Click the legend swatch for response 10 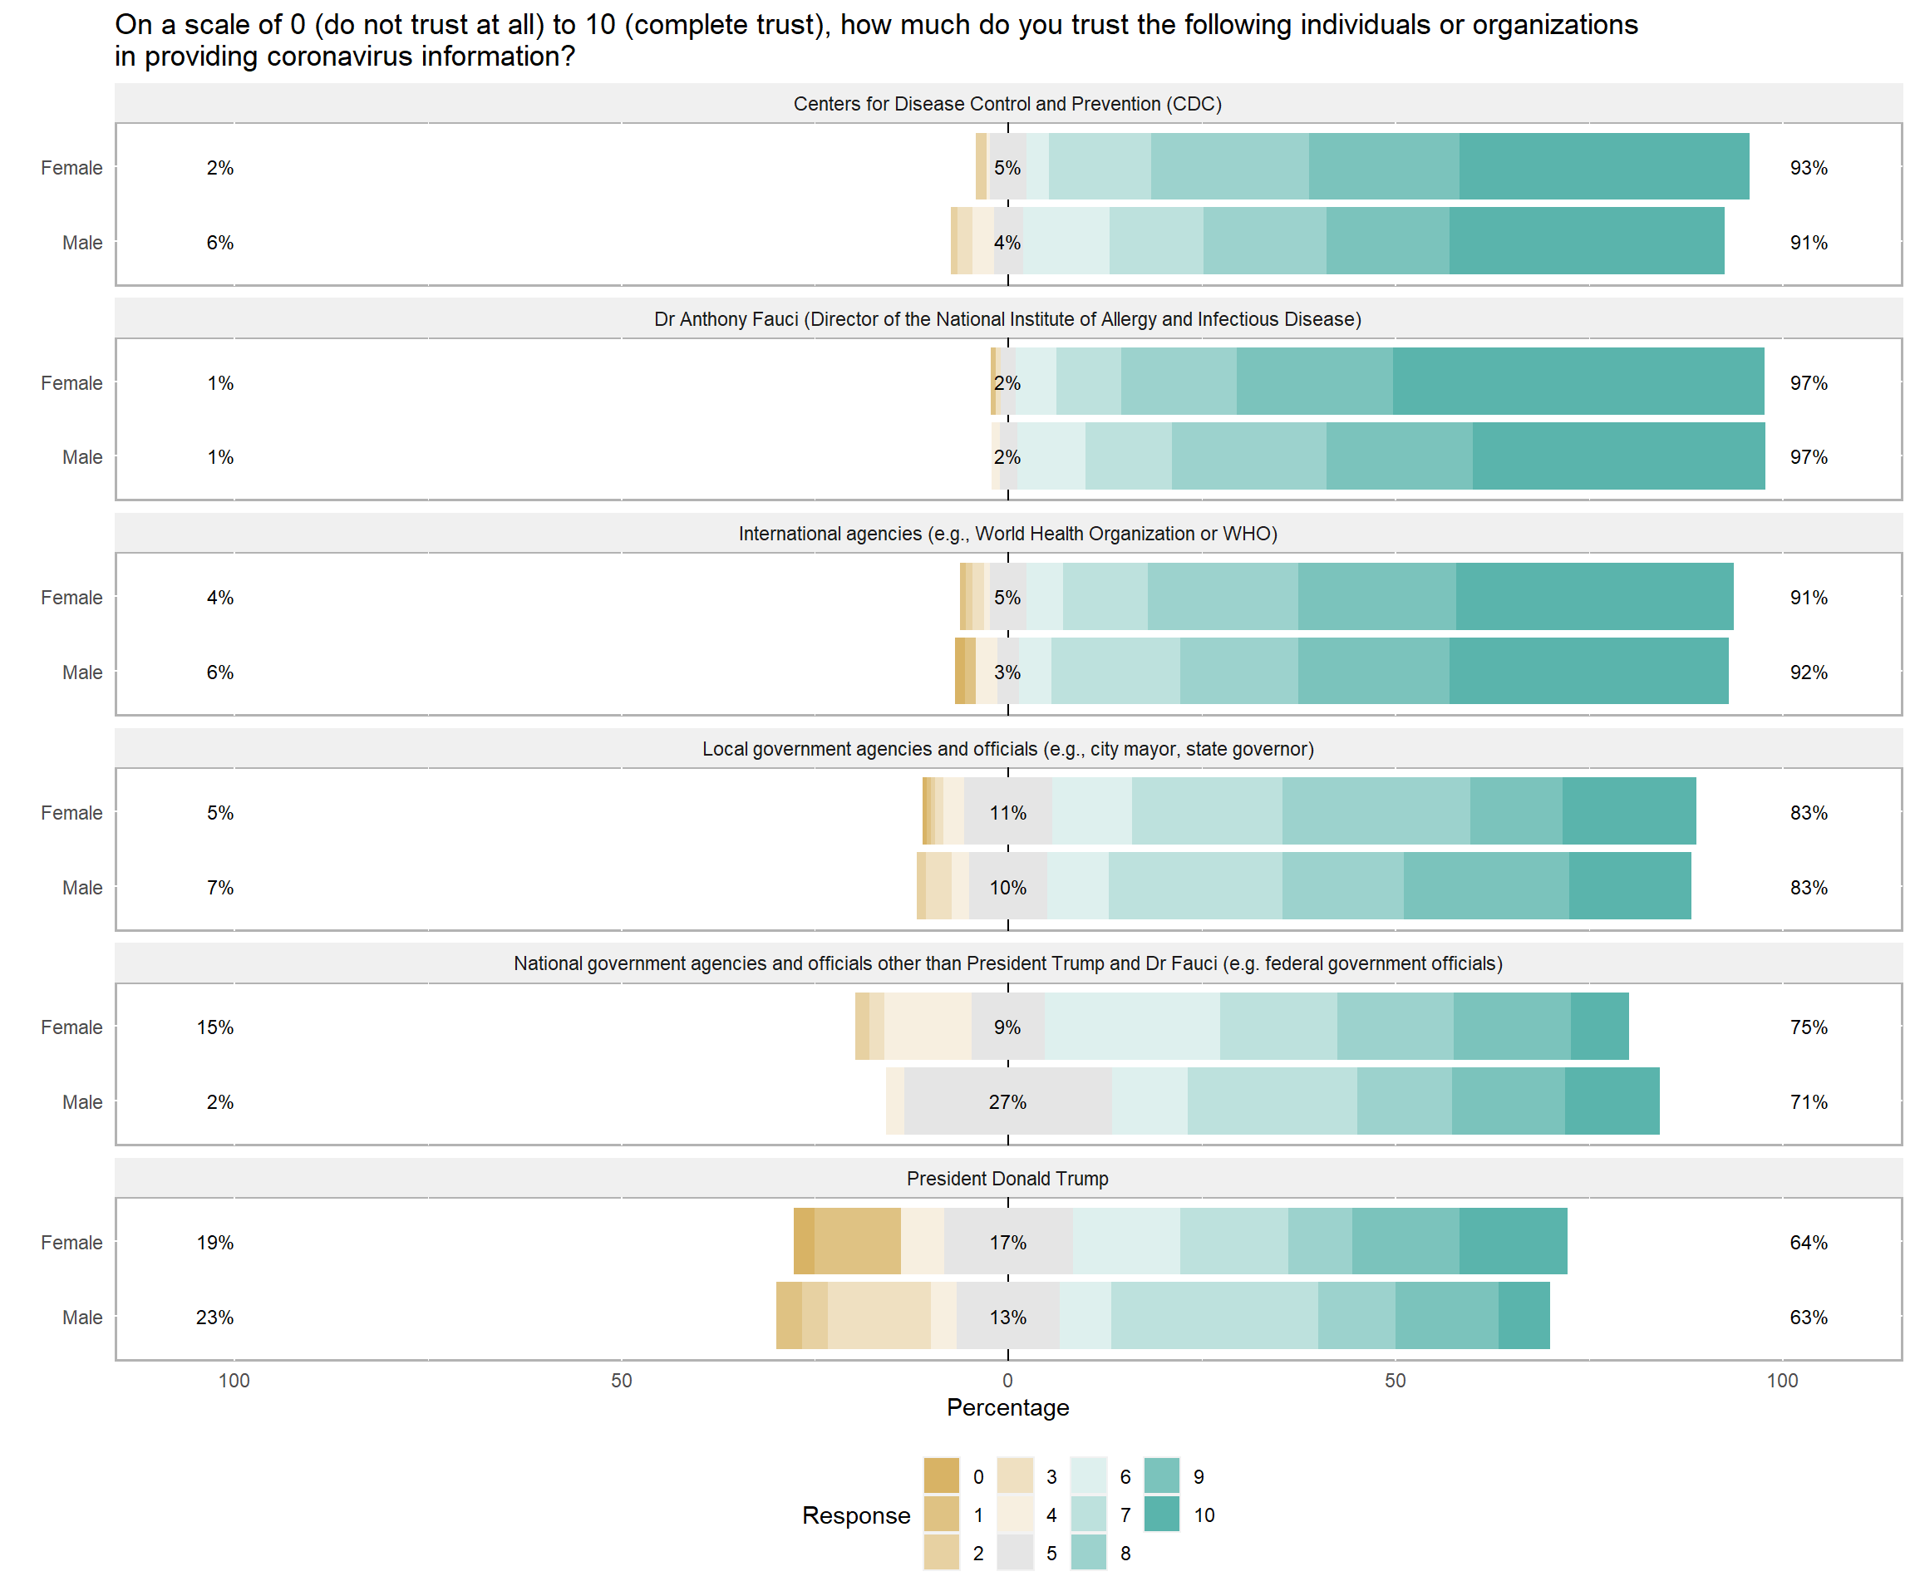point(1161,1515)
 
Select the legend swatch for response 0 point(941,1476)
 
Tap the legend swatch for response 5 point(1015,1553)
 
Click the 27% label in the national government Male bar point(1007,1101)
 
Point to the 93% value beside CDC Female point(1809,168)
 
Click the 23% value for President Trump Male point(215,1317)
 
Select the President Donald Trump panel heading point(1007,1179)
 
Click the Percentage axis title point(1007,1407)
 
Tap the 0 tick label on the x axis point(1007,1381)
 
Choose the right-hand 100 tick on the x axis point(1782,1381)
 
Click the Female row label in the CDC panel point(71,168)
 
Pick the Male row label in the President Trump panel point(82,1317)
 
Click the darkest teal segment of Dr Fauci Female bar point(1578,382)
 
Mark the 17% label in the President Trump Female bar point(1007,1242)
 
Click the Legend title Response point(856,1515)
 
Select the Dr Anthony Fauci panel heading point(1007,319)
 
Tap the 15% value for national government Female point(215,1027)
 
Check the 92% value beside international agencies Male point(1809,672)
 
